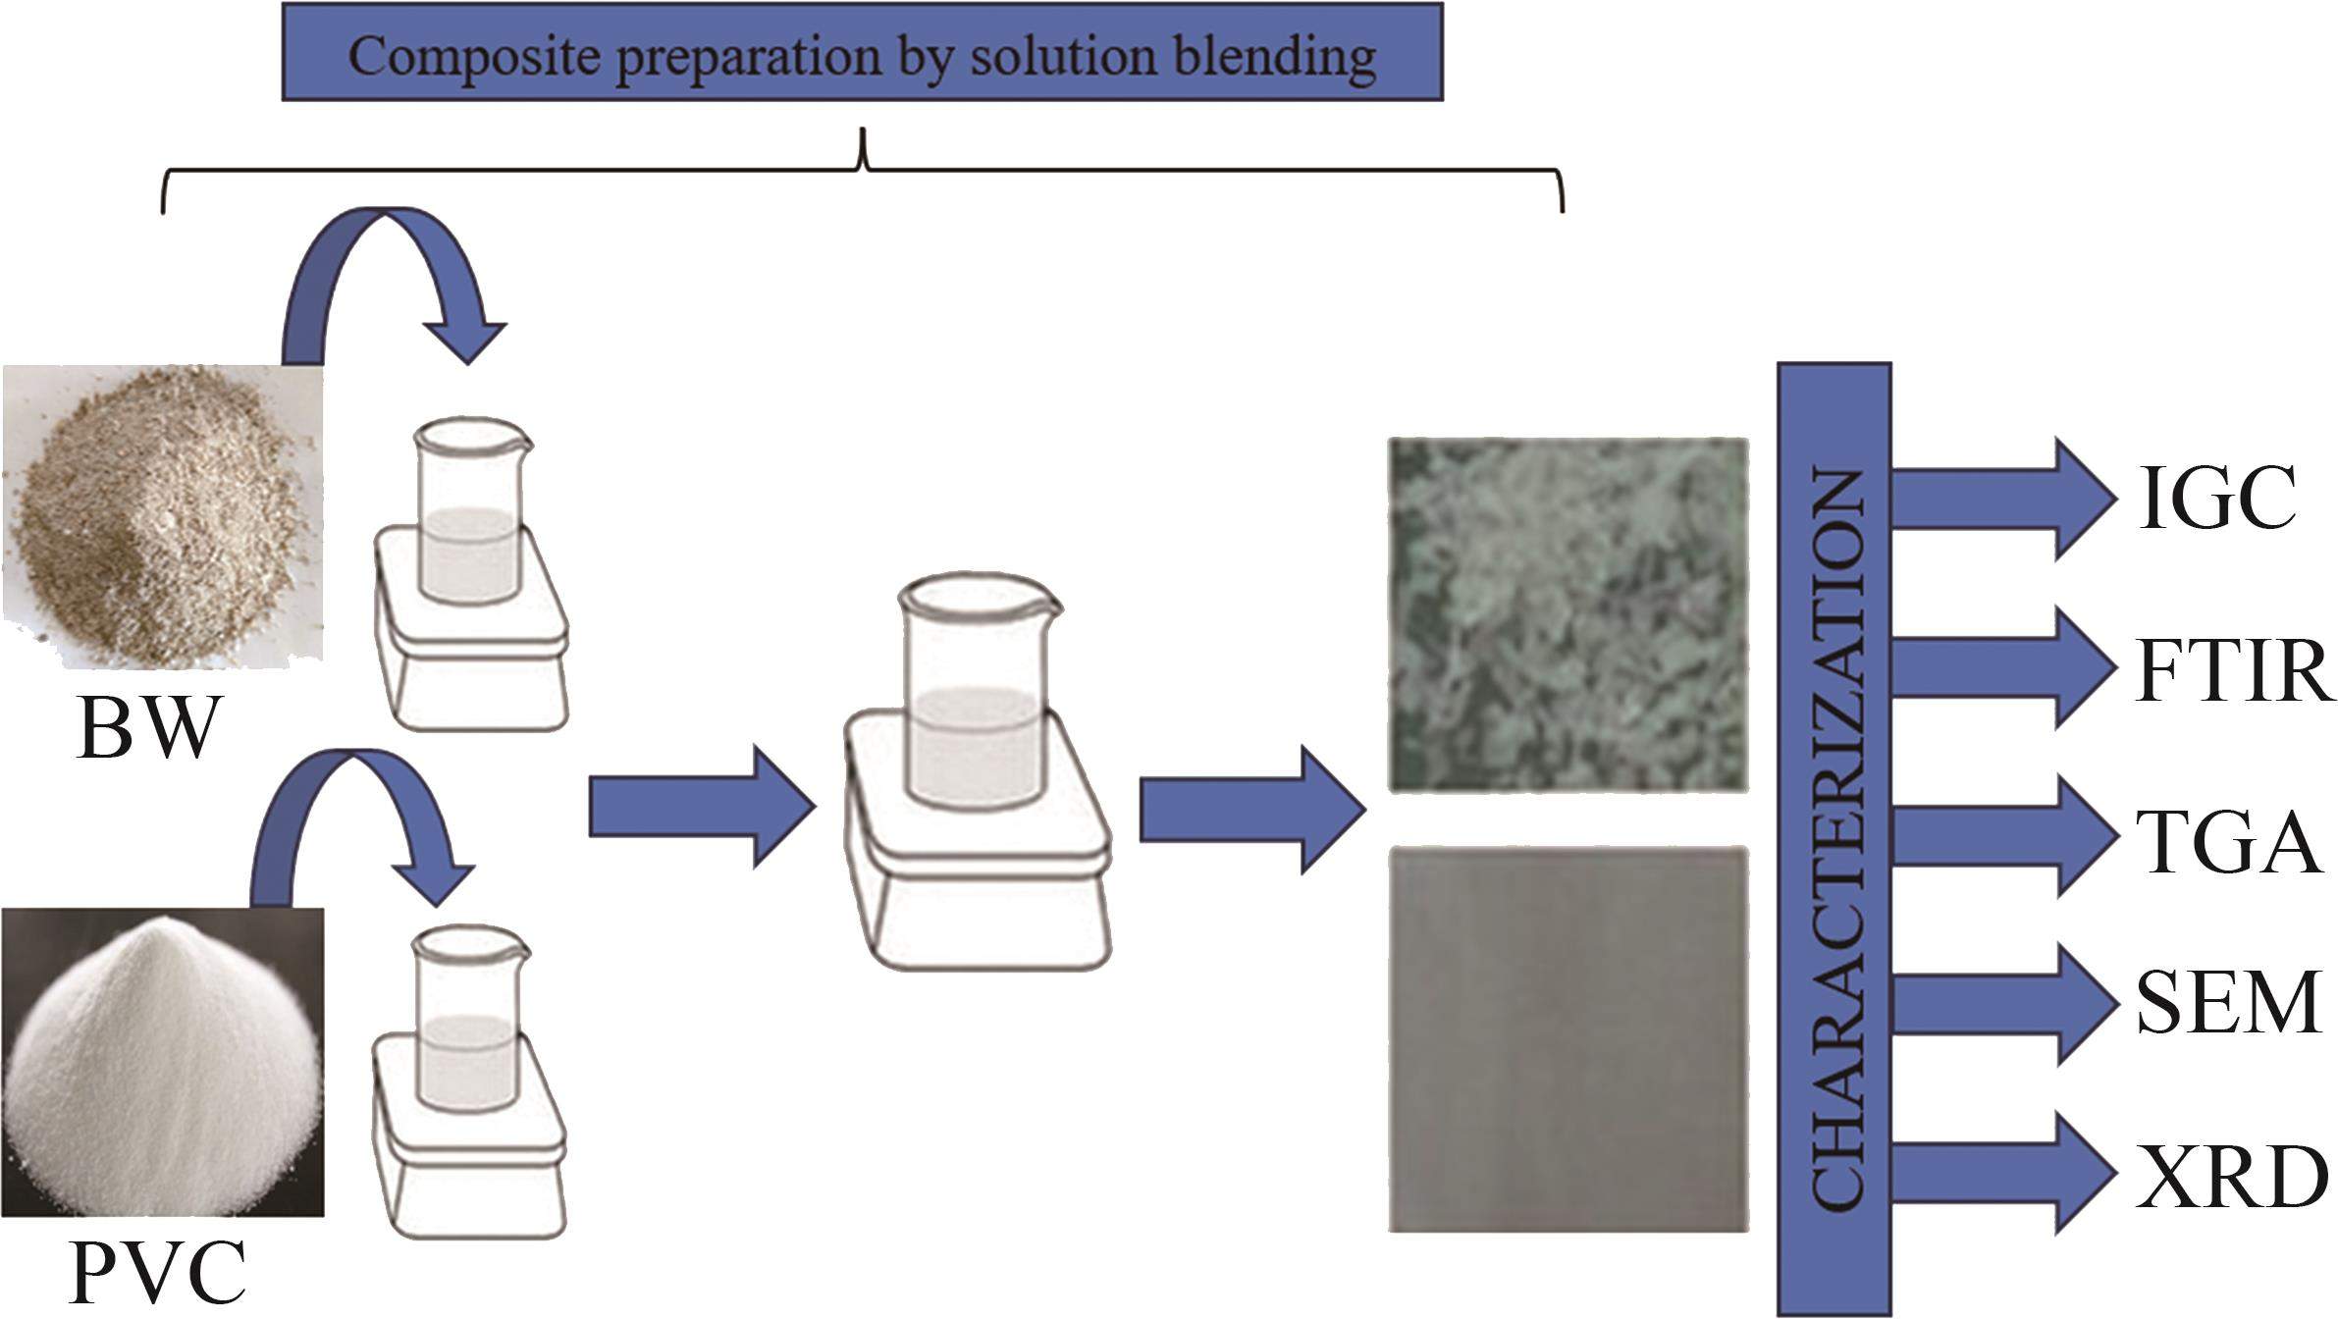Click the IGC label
pyautogui.click(x=2216, y=498)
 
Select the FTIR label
pyautogui.click(x=2232, y=671)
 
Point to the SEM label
pyautogui.click(x=2226, y=1003)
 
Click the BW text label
pyautogui.click(x=147, y=728)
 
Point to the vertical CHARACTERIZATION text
pyautogui.click(x=1833, y=839)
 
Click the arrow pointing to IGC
pyautogui.click(x=2002, y=499)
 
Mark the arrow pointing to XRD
pyautogui.click(x=2002, y=1174)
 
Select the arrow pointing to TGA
pyautogui.click(x=2002, y=837)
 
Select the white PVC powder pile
pyautogui.click(x=162, y=1065)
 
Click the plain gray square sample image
pyautogui.click(x=1568, y=1037)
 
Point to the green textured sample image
pyautogui.click(x=1568, y=613)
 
